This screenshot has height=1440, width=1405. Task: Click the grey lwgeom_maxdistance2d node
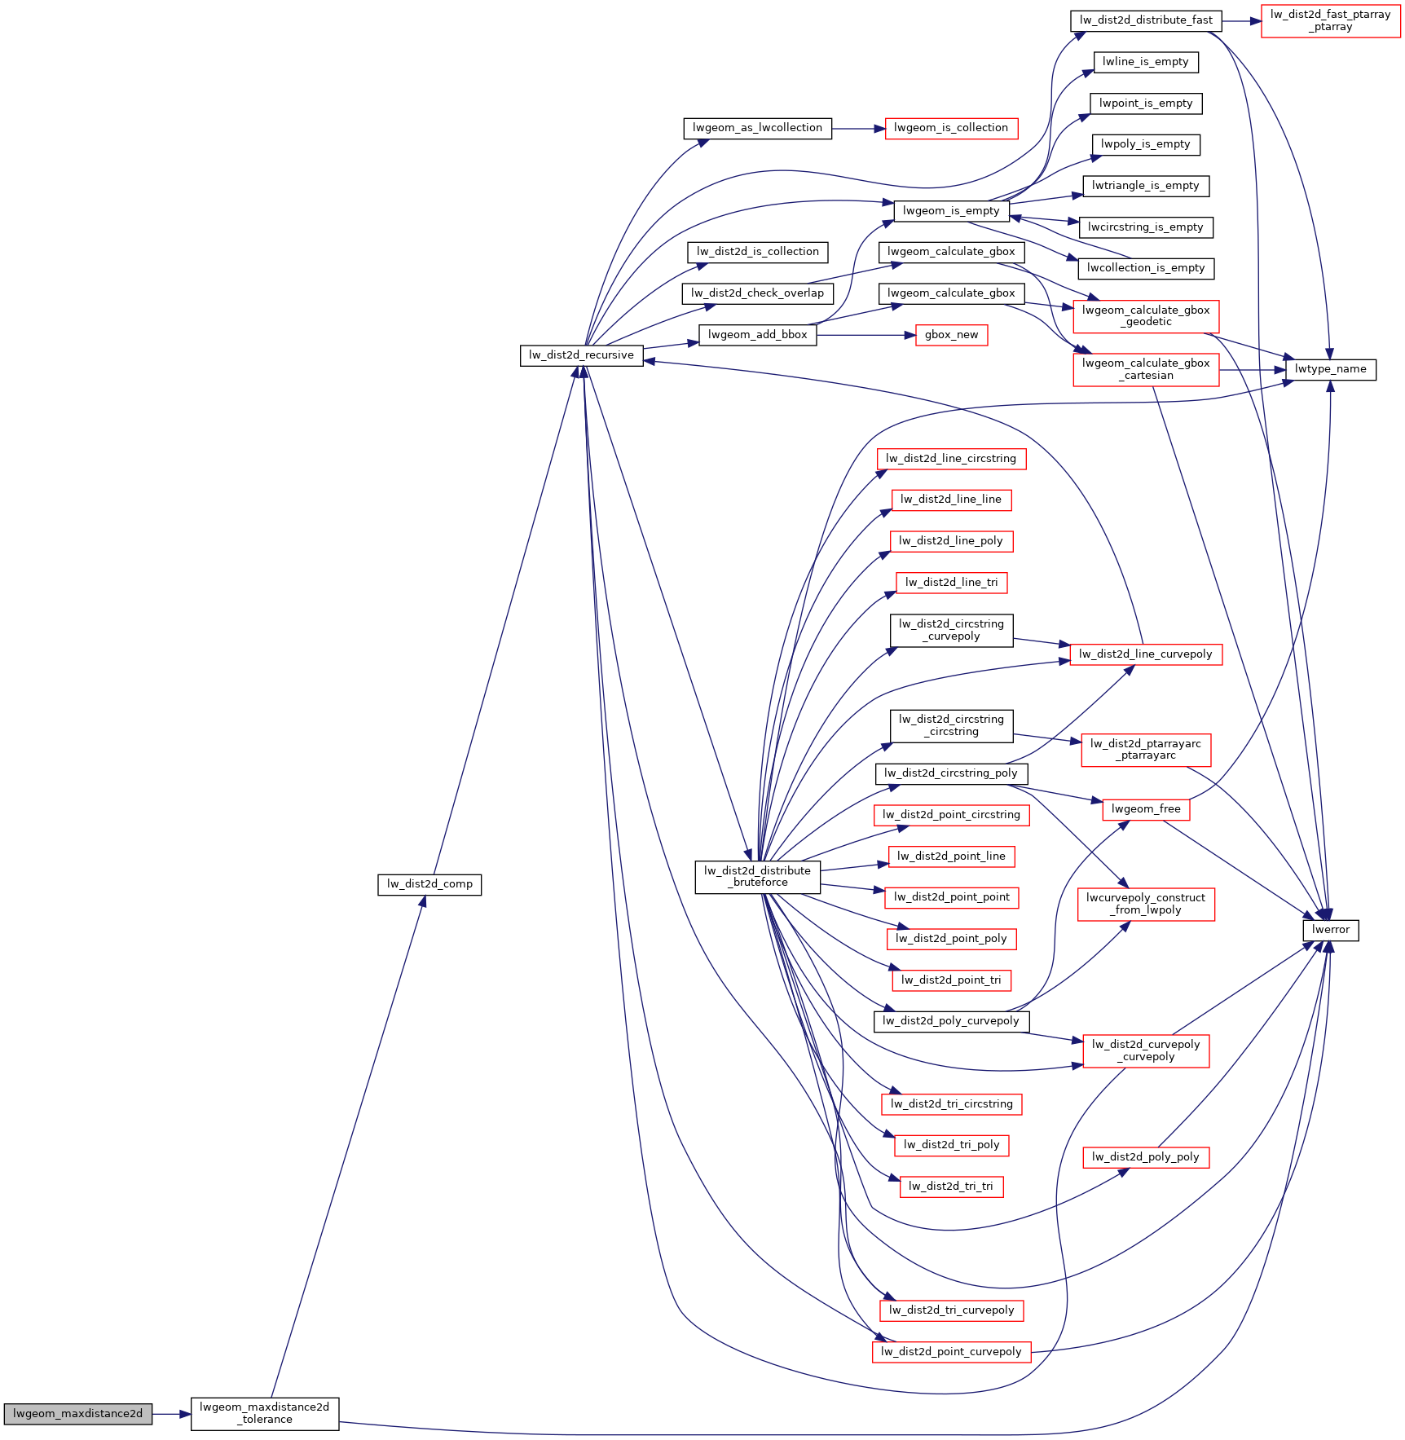77,1414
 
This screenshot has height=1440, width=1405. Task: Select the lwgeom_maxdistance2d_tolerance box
265,1414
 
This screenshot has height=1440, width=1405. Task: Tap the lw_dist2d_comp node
429,884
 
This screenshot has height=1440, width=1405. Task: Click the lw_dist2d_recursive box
581,355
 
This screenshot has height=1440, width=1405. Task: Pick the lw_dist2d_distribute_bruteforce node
757,877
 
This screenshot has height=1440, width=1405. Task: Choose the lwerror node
1331,930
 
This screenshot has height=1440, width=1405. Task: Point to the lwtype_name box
1331,369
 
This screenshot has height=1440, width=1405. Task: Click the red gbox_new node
951,335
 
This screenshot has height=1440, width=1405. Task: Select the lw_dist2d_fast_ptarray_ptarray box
1330,20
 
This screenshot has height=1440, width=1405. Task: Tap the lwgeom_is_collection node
951,128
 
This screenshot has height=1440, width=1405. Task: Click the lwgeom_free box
1146,809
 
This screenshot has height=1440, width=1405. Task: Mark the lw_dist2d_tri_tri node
951,1187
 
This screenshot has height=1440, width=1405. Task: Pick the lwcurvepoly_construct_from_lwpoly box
1146,905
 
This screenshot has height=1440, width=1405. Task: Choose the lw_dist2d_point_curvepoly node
951,1352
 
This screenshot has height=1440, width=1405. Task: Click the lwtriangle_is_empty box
1146,186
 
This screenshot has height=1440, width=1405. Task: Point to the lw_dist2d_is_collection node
757,252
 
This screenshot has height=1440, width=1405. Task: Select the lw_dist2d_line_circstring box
951,459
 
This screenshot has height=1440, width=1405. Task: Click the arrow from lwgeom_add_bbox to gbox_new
866,335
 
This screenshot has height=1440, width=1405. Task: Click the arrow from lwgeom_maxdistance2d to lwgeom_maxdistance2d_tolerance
172,1414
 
